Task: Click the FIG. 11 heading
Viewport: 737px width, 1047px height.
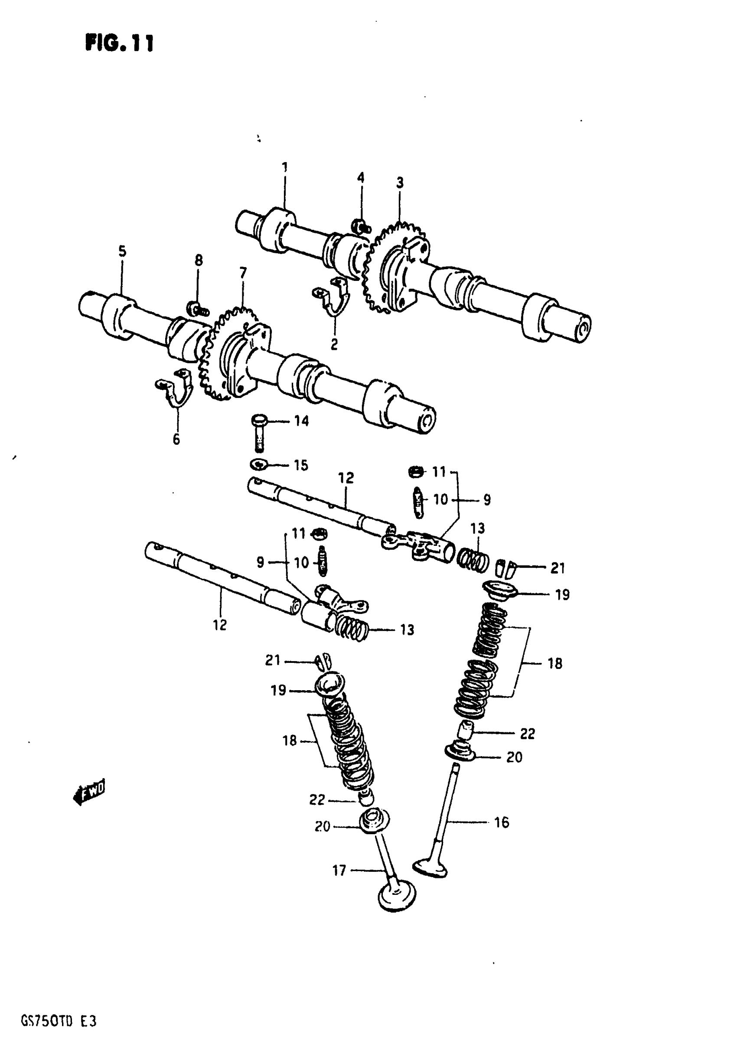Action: (x=120, y=43)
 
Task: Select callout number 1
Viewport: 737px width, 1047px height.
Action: (x=284, y=167)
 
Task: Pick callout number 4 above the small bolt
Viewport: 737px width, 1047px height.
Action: (x=361, y=177)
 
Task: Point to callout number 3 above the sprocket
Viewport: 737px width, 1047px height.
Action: (x=400, y=183)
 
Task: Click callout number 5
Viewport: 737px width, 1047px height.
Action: (x=122, y=251)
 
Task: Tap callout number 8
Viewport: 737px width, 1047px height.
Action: (x=199, y=261)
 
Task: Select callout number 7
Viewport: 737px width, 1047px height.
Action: (x=243, y=273)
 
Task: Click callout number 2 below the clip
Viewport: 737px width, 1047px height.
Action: (x=334, y=345)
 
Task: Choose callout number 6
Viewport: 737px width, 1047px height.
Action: (x=176, y=440)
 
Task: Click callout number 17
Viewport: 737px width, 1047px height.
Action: (x=339, y=871)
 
